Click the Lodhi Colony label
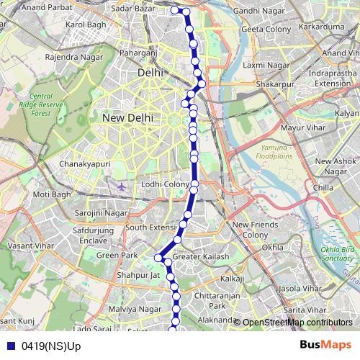[165, 185]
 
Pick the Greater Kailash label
[201, 256]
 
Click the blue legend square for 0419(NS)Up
[10, 346]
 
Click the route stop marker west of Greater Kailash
[159, 257]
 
